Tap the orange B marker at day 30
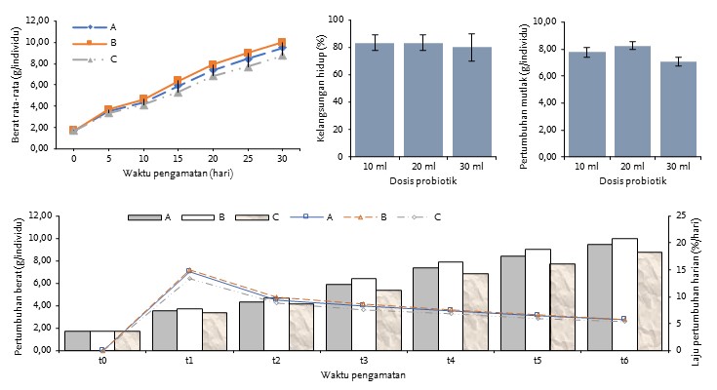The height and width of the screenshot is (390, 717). pyautogui.click(x=282, y=42)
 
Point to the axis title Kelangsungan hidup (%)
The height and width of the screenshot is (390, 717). pyautogui.click(x=321, y=88)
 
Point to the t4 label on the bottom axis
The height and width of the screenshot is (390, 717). pyautogui.click(x=451, y=360)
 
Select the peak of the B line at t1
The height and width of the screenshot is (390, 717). pyautogui.click(x=188, y=271)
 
